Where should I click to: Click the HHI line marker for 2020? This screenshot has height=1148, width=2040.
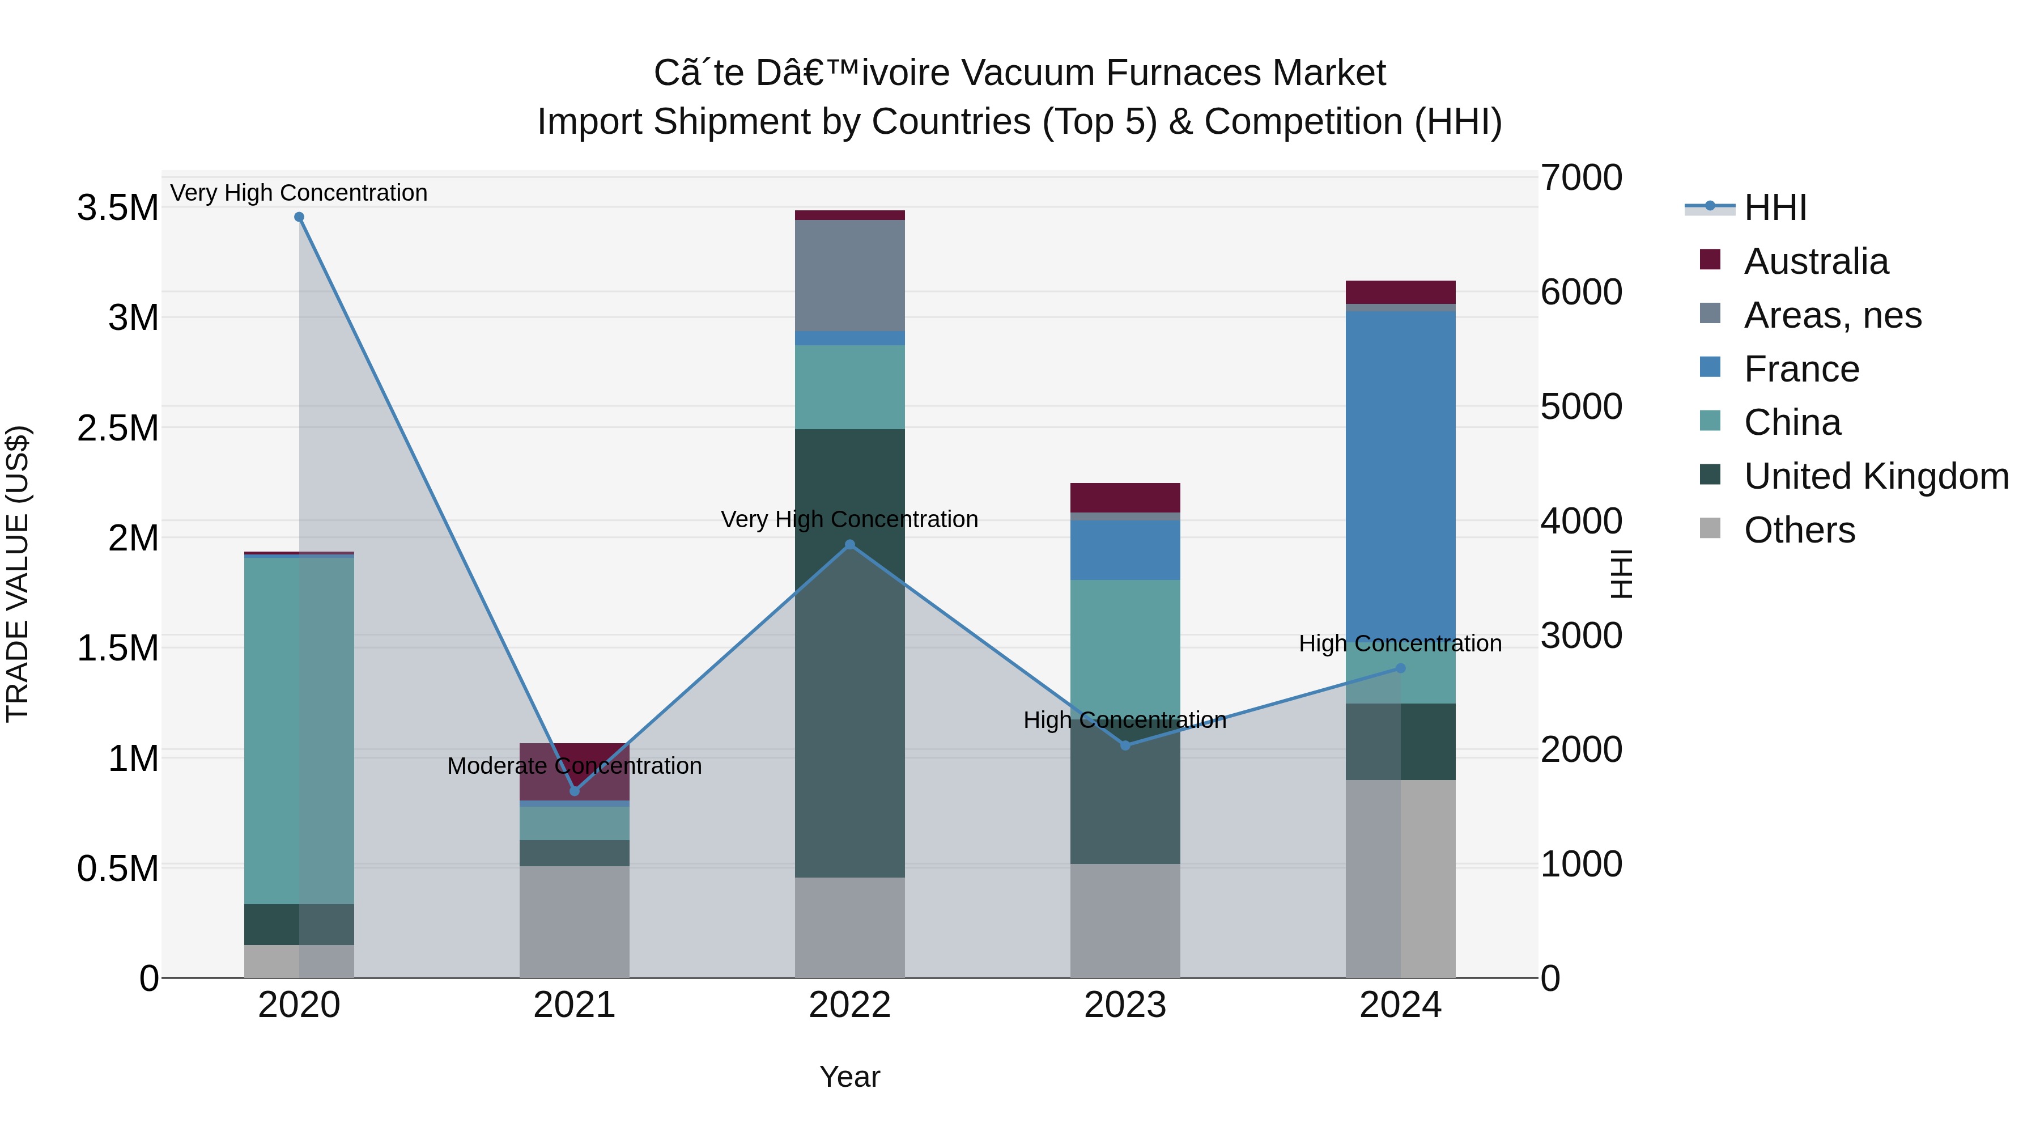(x=299, y=217)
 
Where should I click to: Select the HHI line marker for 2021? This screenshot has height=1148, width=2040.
(x=575, y=791)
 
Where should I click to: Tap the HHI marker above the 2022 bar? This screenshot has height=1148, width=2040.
(x=850, y=544)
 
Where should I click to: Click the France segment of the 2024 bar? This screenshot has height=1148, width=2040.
(x=1400, y=476)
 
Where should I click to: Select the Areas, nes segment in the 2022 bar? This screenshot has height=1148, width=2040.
(x=850, y=275)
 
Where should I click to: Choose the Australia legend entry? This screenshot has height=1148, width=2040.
(x=1815, y=261)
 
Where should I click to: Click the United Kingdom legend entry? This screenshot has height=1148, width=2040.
(x=1875, y=476)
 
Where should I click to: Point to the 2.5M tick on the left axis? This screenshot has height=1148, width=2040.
(x=118, y=428)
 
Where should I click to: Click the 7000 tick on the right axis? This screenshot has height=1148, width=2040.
(x=1580, y=177)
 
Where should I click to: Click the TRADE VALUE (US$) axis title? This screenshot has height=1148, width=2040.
(x=18, y=574)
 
